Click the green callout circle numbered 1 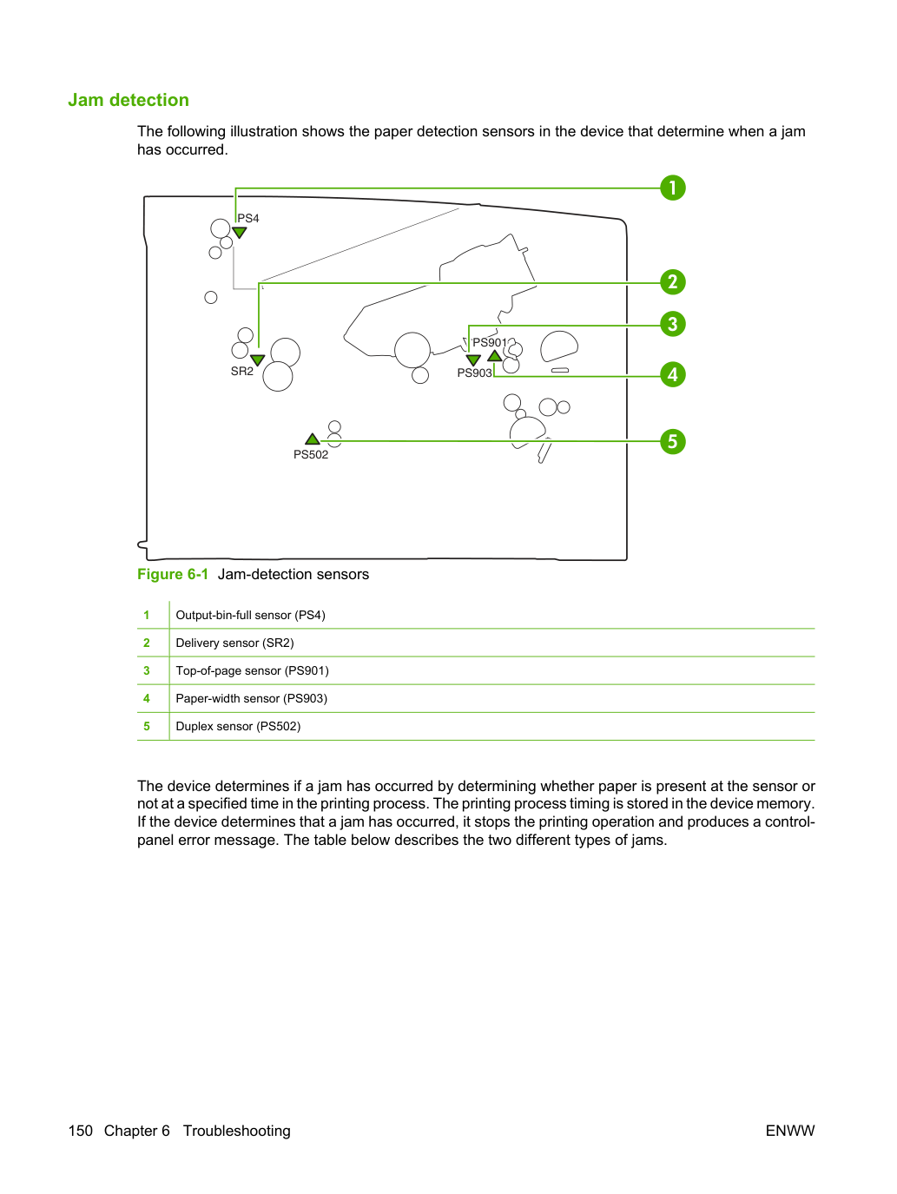672,188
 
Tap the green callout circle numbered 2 672,281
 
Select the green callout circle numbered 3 672,324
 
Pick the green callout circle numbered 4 672,375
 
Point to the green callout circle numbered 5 672,441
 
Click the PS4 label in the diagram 248,218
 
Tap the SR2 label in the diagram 242,371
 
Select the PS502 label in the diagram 311,455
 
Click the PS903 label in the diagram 474,373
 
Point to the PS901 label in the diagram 490,342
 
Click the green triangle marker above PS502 313,439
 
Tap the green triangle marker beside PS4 240,232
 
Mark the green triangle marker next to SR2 257,360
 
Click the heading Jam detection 129,100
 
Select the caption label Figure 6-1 173,575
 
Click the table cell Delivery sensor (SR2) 234,643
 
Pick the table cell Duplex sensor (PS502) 238,726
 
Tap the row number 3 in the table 147,670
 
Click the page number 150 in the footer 81,1131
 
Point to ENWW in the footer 790,1131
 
